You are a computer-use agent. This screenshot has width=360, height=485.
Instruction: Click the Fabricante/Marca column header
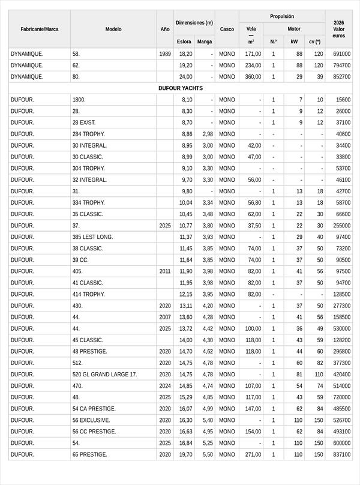click(x=39, y=29)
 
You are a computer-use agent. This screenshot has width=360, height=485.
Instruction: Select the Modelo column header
click(x=113, y=29)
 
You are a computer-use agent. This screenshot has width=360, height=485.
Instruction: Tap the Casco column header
click(x=227, y=29)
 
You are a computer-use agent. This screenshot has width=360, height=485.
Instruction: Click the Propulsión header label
click(x=282, y=16)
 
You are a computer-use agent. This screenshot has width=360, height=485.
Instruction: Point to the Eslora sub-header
click(x=184, y=42)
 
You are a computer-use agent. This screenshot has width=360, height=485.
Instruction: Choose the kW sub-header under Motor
click(x=294, y=42)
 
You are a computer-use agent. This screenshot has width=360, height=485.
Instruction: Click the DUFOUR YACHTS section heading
click(x=180, y=88)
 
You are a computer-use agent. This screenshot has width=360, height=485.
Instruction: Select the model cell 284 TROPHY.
click(x=89, y=134)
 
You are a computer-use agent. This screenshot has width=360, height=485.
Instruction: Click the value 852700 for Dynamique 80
click(x=341, y=77)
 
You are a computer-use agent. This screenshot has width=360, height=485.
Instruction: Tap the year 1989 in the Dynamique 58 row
click(x=165, y=54)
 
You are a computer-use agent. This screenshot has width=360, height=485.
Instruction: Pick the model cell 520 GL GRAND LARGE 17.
click(x=104, y=375)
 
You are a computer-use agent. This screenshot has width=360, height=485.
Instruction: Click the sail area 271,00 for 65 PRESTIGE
click(x=253, y=454)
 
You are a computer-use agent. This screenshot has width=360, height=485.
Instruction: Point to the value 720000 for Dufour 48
click(x=341, y=397)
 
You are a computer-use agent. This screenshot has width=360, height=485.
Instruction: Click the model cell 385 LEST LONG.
click(x=92, y=237)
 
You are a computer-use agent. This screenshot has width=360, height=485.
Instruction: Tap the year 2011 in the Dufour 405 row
click(x=165, y=271)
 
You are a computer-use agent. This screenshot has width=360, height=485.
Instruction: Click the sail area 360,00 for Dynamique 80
click(x=253, y=77)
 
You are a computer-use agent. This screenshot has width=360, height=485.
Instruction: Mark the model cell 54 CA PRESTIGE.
click(x=94, y=409)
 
